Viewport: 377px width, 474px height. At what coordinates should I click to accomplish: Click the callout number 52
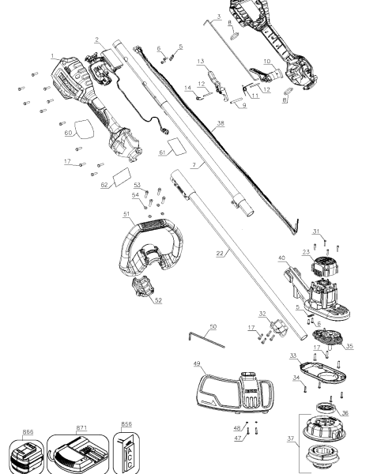pos(158,300)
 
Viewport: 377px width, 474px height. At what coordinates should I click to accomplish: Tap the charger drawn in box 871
pos(80,453)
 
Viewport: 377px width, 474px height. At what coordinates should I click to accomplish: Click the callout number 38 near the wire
pos(221,123)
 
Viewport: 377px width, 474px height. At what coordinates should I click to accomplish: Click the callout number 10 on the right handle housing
pos(266,61)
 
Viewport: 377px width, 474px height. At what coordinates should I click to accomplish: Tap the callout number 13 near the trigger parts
pos(201,61)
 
